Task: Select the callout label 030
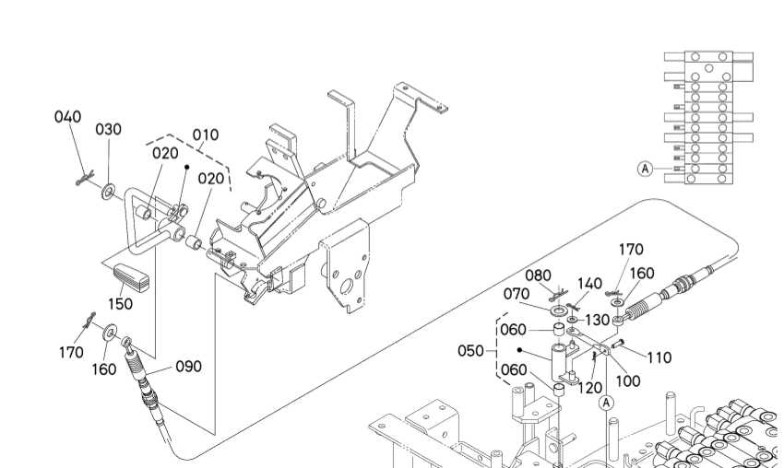click(109, 129)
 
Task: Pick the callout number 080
click(539, 275)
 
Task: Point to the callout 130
click(598, 319)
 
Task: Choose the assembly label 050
click(471, 351)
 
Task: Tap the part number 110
click(659, 357)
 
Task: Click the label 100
click(630, 380)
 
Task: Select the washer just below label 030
click(109, 191)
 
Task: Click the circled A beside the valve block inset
click(645, 169)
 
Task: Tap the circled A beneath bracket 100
click(607, 402)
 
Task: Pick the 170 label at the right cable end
click(631, 249)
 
